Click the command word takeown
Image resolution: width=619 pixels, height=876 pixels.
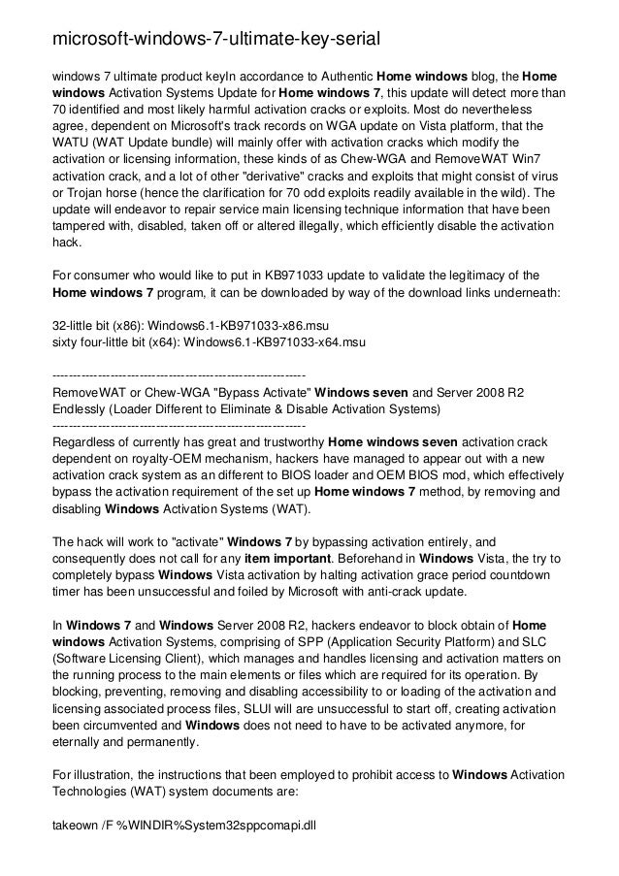tap(78, 827)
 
